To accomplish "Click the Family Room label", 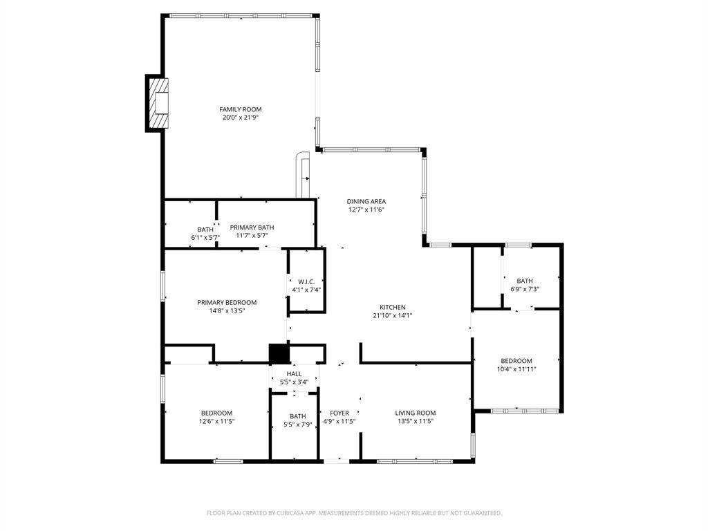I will (x=241, y=109).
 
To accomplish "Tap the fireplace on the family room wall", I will (x=158, y=102).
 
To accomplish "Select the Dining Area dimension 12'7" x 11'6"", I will (x=366, y=209).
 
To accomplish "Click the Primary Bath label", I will (x=252, y=227).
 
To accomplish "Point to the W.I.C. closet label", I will (x=306, y=281).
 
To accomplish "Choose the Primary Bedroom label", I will (x=227, y=302).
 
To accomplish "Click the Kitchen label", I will (x=392, y=307).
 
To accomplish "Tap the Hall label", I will (x=294, y=373).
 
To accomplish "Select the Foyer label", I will (x=339, y=413).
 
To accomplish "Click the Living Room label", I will (x=416, y=413).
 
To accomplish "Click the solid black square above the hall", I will (x=279, y=353).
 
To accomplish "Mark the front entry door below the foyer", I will (x=337, y=460).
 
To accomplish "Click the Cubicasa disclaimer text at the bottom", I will (x=354, y=513).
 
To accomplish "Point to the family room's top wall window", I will (x=240, y=15).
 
